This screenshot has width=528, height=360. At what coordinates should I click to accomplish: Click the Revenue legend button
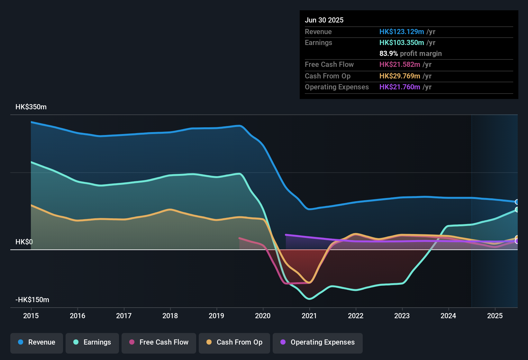click(37, 342)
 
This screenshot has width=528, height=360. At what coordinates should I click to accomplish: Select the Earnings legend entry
click(92, 342)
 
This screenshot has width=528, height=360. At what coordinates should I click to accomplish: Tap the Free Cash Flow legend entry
click(159, 342)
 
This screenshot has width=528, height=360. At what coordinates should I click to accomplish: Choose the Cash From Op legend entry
click(234, 342)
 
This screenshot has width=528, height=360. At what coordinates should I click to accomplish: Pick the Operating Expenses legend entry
click(318, 342)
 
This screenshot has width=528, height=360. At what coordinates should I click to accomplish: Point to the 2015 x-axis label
click(31, 316)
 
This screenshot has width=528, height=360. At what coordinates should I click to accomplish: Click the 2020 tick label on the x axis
click(263, 316)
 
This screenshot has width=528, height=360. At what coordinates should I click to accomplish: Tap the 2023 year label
click(402, 316)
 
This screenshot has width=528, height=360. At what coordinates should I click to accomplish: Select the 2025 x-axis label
click(495, 316)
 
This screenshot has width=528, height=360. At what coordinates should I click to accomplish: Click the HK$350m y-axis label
click(31, 107)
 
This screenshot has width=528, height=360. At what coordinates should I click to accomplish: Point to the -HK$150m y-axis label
click(32, 300)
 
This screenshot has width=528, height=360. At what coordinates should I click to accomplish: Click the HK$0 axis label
click(24, 242)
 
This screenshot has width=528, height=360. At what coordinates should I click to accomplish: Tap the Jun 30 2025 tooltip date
click(324, 20)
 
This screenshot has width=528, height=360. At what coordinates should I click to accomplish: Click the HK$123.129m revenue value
click(402, 32)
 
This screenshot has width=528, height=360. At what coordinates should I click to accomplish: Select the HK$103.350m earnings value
click(402, 43)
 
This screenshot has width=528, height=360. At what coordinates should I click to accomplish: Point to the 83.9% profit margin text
click(410, 54)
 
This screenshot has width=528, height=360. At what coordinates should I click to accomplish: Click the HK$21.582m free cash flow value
click(400, 65)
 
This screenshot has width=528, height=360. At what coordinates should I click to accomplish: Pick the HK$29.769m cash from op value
click(400, 76)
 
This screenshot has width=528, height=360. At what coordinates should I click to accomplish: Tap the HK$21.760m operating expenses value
click(400, 87)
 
